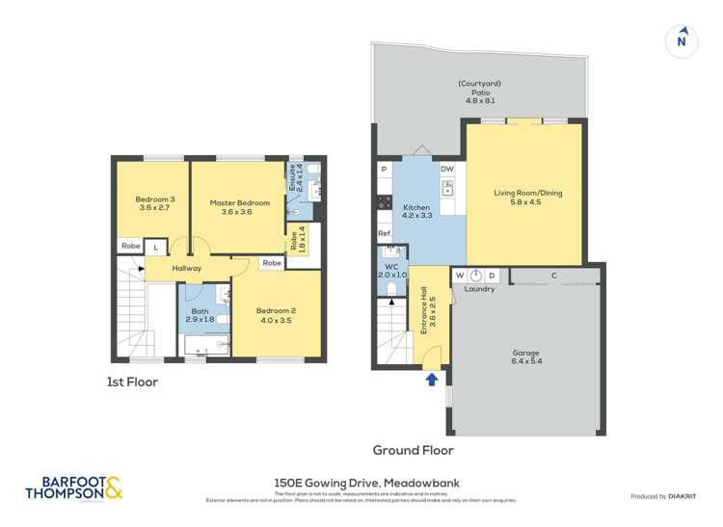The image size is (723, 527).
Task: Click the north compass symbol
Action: click(x=682, y=40)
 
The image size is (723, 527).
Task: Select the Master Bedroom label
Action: click(x=239, y=207)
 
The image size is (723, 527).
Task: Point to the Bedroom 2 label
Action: click(x=276, y=315)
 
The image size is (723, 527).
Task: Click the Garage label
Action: click(x=525, y=357)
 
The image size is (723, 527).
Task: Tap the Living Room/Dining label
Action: click(x=527, y=198)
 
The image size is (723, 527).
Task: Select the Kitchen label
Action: click(x=416, y=213)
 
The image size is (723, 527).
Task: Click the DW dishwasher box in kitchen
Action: click(x=446, y=170)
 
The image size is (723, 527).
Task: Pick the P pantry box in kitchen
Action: click(x=384, y=170)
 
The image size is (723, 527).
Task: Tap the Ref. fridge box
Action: click(x=384, y=234)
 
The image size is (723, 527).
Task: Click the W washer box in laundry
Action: click(x=460, y=276)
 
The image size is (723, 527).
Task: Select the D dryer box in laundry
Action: click(x=491, y=276)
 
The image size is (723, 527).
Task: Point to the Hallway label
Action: click(x=187, y=268)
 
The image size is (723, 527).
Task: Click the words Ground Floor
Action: click(x=413, y=450)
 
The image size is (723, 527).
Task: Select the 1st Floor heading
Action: click(x=132, y=382)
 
